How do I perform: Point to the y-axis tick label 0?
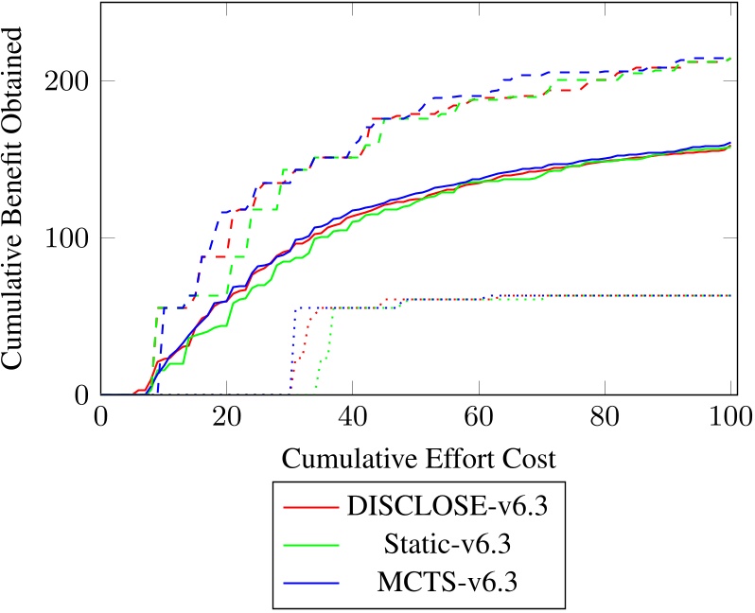point(83,394)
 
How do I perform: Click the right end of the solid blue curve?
point(731,143)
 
